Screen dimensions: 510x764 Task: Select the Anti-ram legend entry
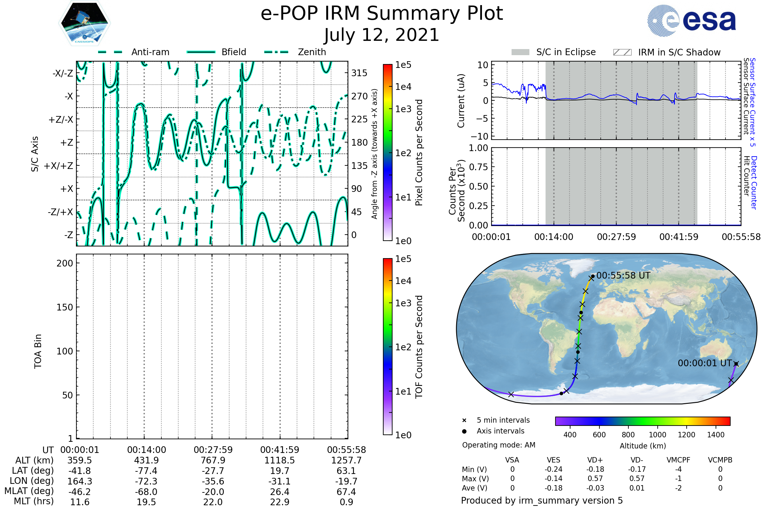click(150, 52)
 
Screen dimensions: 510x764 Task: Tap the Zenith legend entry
click(312, 52)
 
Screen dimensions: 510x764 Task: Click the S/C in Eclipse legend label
click(566, 52)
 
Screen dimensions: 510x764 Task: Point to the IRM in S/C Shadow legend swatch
click(622, 52)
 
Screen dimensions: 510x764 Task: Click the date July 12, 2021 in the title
click(382, 35)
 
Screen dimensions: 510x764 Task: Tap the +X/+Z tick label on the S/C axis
click(59, 166)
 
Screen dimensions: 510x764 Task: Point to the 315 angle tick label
click(359, 73)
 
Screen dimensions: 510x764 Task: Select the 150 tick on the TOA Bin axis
click(65, 307)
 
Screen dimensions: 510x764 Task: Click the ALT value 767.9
click(213, 461)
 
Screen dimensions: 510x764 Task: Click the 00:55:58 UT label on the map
click(623, 275)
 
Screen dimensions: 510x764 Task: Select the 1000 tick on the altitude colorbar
click(657, 435)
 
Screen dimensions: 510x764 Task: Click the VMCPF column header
click(678, 460)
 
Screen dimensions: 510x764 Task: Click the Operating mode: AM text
click(498, 445)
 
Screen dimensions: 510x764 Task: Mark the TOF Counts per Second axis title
click(419, 347)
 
